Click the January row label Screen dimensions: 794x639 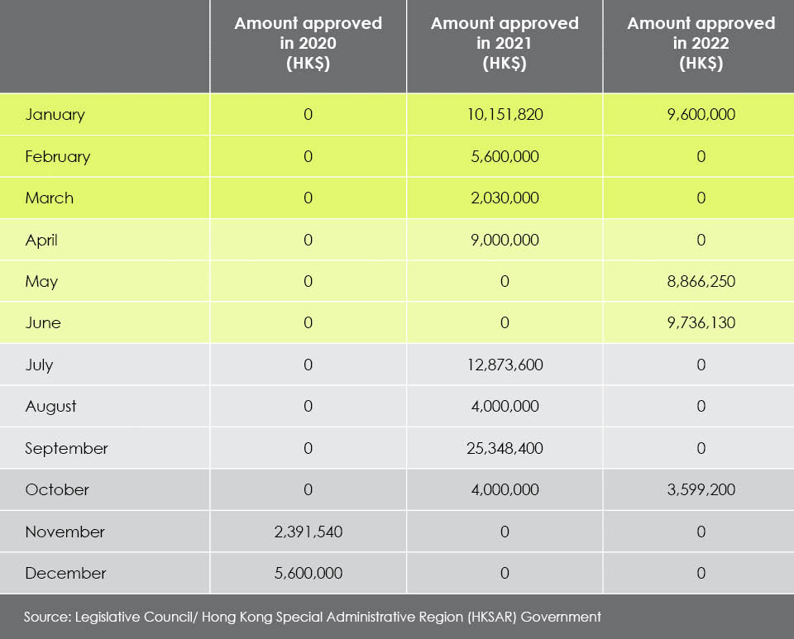pos(55,115)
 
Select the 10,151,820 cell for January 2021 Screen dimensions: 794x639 pos(505,114)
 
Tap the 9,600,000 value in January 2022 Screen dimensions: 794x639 pos(701,114)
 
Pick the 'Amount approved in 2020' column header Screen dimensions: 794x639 pos(308,44)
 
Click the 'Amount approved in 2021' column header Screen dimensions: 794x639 pos(505,44)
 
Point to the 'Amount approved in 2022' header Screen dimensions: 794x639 pos(701,44)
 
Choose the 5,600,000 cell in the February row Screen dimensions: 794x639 pos(505,156)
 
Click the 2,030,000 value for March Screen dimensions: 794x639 pos(505,198)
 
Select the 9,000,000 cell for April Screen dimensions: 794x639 pos(505,240)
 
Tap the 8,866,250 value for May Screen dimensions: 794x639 pos(701,281)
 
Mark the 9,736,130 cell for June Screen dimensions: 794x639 pos(701,322)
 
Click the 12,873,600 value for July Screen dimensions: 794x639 pos(505,365)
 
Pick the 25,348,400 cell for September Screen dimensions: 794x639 pos(505,448)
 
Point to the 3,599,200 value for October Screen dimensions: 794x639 pos(701,489)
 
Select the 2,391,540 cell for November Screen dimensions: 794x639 pos(309,532)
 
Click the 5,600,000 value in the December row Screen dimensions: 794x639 pos(309,573)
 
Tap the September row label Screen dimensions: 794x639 pos(66,449)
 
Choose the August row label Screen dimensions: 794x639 pos(50,407)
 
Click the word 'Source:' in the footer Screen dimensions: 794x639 pos(47,618)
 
